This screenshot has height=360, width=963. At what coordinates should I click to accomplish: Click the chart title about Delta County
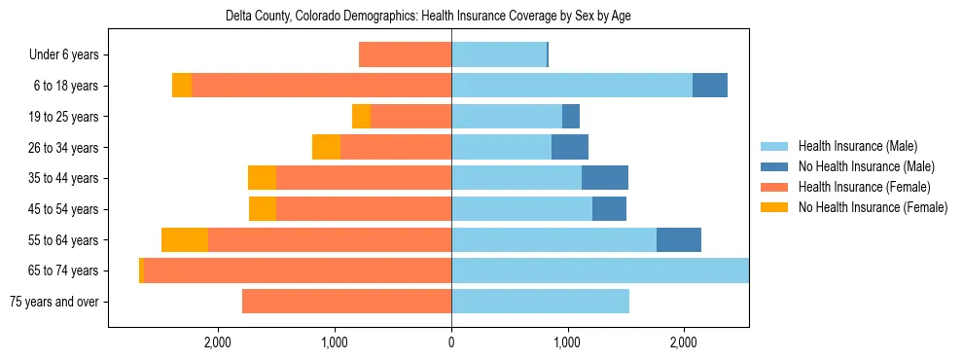428,17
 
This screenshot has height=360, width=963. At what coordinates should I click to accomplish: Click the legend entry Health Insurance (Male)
857,146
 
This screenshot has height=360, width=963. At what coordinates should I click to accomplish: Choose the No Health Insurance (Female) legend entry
873,207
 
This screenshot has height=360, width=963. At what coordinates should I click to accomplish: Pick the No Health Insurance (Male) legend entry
866,166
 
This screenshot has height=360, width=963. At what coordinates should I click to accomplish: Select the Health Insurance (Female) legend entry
864,187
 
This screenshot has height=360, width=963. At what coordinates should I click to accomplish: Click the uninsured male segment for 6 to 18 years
710,86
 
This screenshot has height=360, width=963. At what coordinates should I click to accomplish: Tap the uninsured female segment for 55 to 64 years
185,240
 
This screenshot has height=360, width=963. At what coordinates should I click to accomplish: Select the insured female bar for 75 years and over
346,302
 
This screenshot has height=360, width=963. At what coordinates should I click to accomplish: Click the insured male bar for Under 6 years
499,54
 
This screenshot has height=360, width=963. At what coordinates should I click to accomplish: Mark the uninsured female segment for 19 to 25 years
361,117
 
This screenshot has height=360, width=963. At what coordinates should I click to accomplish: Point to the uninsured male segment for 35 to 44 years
605,178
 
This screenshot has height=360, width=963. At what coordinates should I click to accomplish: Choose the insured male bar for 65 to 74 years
600,270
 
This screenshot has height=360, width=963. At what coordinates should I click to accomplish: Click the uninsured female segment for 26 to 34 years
326,147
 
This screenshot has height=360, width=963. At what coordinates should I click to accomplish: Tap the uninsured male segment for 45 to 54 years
609,209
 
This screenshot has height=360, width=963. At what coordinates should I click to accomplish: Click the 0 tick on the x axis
451,342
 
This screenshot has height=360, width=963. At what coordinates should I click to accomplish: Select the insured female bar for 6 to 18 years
321,86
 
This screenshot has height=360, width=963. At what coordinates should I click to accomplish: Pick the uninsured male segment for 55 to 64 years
679,240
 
